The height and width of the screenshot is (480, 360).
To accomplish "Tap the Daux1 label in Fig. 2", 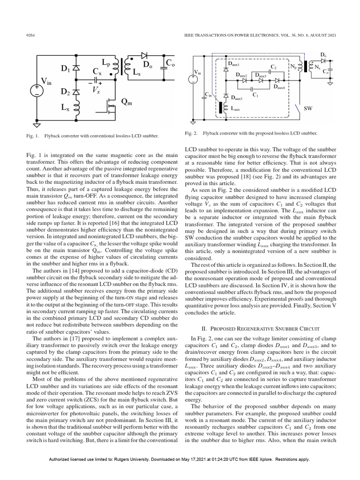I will tap(233, 63).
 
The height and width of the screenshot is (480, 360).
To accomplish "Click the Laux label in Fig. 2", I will tap(235, 109).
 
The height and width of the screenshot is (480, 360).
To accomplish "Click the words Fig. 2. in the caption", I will tap(192, 134).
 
